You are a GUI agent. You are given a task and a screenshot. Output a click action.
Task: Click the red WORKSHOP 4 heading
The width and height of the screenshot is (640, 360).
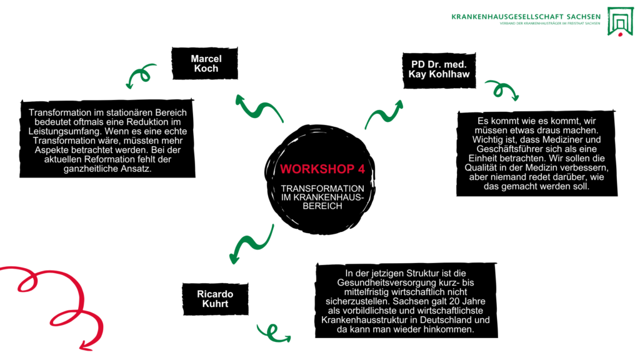tap(319, 169)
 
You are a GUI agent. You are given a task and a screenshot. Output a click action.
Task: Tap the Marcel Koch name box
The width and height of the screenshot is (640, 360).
tap(206, 64)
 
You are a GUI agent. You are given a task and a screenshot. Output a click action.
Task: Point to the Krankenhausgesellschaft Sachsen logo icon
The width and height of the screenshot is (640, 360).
tap(621, 21)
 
